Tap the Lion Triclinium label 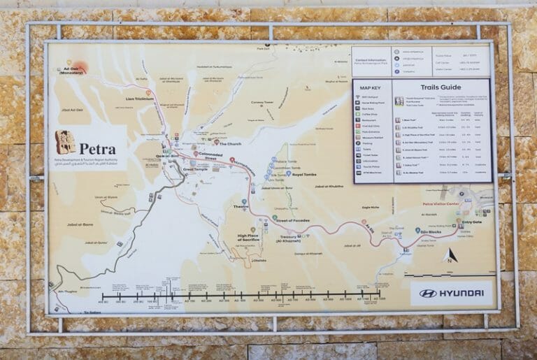[x=139, y=99]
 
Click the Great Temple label [x=195, y=169]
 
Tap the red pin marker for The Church [x=217, y=143]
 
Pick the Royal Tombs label [x=305, y=175]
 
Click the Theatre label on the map [x=241, y=207]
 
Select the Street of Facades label [x=292, y=220]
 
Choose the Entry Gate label [x=473, y=223]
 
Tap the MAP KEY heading [x=371, y=87]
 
